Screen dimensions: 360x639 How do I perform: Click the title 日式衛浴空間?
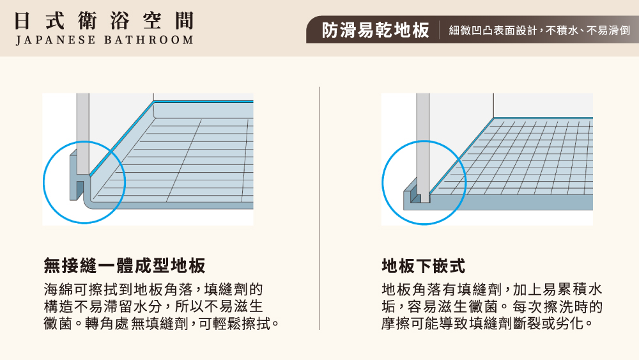104,20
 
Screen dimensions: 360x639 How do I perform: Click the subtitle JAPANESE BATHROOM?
104,40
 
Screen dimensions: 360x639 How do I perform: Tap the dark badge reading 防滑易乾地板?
375,30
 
